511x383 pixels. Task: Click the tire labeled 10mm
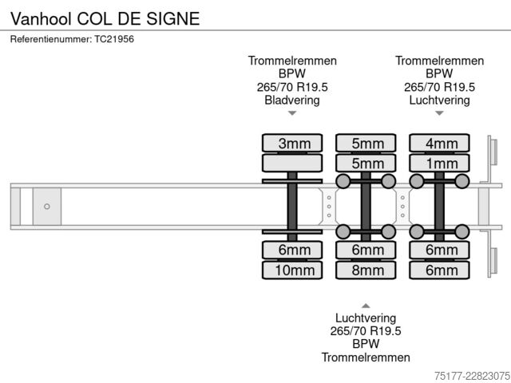[x=292, y=270]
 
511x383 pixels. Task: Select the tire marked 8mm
[x=366, y=270]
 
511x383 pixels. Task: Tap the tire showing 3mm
[x=292, y=143]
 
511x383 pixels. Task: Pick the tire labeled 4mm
[x=439, y=143]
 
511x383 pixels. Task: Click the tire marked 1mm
[x=439, y=163]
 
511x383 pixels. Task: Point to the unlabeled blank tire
[x=292, y=163]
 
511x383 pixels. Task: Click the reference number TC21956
[x=114, y=39]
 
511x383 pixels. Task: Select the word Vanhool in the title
[x=41, y=18]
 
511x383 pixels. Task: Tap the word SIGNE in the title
[x=172, y=18]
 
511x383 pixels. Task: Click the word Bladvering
[x=292, y=100]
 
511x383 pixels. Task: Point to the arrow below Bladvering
[x=292, y=113]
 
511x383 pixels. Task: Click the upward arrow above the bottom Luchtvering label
[x=366, y=306]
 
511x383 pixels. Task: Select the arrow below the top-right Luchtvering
[x=439, y=113]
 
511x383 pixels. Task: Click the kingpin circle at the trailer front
[x=47, y=207]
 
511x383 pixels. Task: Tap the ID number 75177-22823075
[x=472, y=376]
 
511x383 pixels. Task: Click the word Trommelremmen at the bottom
[x=366, y=357]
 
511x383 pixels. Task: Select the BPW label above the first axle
[x=292, y=73]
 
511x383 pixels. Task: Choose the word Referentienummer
[x=51, y=39]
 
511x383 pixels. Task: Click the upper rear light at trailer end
[x=493, y=152]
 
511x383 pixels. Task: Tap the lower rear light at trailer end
[x=493, y=261]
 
